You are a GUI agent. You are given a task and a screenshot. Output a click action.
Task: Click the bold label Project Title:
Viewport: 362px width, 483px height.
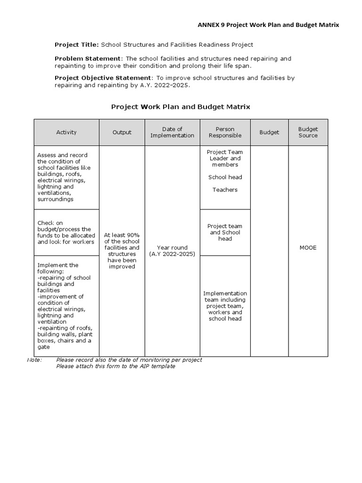76,45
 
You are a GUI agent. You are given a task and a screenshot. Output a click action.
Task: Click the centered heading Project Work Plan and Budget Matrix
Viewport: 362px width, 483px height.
181,107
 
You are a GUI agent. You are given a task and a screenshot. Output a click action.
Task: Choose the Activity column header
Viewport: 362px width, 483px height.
66,133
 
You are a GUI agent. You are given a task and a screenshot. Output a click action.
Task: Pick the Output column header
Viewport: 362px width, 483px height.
122,133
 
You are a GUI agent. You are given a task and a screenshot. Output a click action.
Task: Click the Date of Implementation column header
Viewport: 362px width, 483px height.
172,133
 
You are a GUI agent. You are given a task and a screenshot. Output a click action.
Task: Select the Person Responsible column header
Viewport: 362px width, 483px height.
225,133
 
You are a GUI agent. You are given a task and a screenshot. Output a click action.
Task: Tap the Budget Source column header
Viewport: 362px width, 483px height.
308,133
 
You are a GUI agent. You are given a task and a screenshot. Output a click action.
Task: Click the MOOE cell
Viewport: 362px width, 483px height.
308,248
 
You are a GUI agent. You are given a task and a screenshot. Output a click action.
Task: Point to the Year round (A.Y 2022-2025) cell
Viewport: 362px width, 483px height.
172,251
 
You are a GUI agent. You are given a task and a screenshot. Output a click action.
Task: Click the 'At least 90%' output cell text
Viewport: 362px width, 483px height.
122,251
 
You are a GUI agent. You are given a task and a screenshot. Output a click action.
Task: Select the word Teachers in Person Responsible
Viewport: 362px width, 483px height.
225,190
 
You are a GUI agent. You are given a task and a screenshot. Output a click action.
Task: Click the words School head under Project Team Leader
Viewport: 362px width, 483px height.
225,177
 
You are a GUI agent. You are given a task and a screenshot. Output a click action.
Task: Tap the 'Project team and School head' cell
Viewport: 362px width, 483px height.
225,233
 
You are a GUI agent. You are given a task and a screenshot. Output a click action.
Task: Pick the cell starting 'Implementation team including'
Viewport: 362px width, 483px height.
225,306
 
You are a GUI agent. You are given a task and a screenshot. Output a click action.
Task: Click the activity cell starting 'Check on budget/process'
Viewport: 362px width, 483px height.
66,233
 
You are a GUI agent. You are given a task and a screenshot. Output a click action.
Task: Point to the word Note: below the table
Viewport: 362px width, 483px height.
34,360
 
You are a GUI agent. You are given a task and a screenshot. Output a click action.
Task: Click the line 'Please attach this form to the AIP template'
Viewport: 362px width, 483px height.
115,366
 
